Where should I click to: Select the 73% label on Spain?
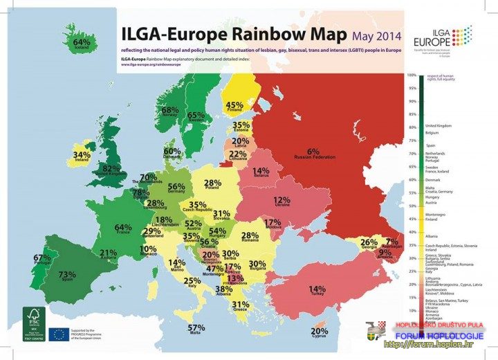pos(67,274)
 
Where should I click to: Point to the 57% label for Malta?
pos(196,327)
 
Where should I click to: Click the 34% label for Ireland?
pos(82,154)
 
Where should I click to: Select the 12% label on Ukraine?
pos(282,200)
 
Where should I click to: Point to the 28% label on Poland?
pos(213,183)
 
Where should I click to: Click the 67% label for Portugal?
pos(42,258)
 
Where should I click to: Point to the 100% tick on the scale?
pos(412,75)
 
